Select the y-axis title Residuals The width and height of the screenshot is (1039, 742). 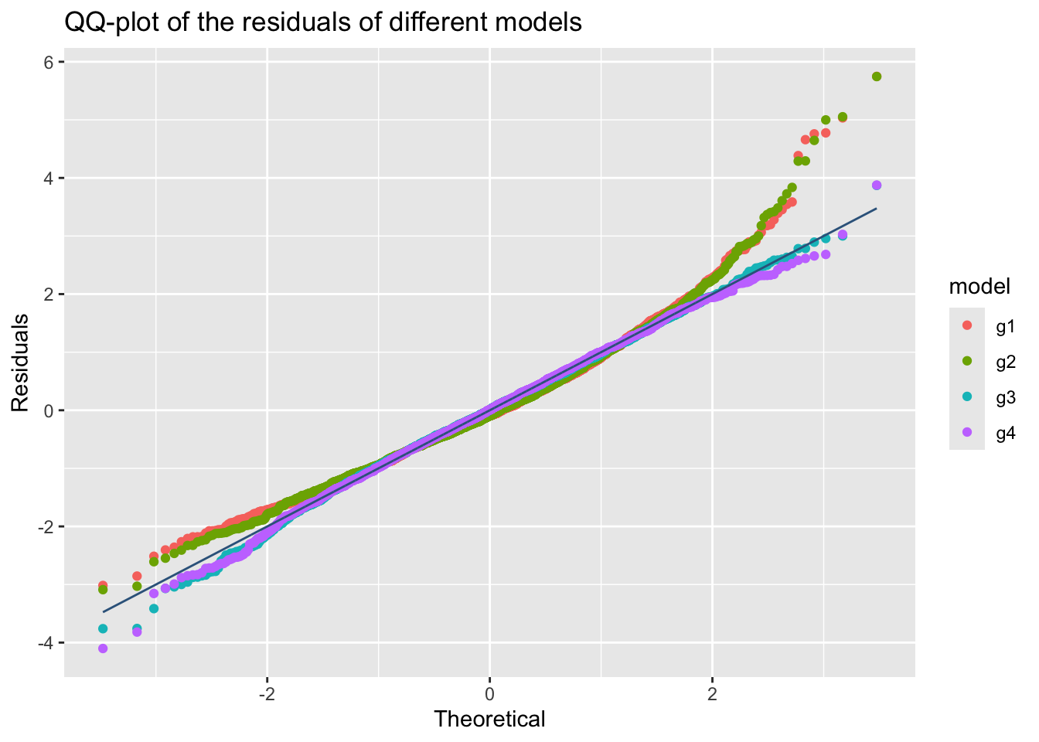[21, 362]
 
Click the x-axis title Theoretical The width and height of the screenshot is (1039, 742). [489, 720]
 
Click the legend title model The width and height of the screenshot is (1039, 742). [979, 287]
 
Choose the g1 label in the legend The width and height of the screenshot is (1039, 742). [1005, 327]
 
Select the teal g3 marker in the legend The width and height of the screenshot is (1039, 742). [966, 398]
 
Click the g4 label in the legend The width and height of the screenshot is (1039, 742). [1005, 434]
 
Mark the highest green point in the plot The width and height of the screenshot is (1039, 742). [876, 77]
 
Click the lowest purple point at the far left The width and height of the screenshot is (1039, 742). [103, 648]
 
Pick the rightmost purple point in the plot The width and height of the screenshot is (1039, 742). [876, 185]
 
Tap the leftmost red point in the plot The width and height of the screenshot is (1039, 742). [103, 585]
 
